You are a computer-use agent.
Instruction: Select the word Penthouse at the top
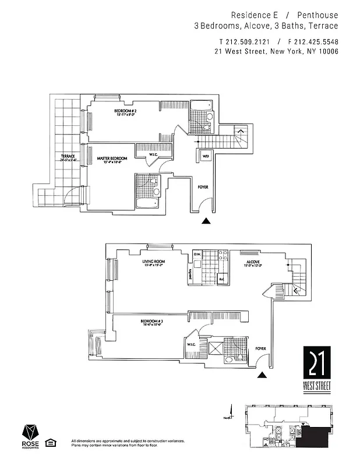(x=318, y=14)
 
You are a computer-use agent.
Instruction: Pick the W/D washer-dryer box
(x=206, y=156)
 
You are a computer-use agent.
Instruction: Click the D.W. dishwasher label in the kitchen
(x=197, y=254)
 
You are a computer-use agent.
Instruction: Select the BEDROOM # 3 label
(x=151, y=322)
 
